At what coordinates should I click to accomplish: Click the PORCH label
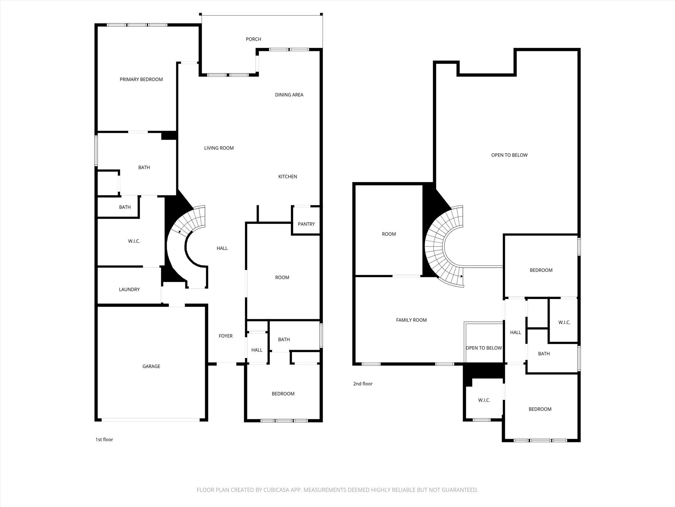[x=253, y=39]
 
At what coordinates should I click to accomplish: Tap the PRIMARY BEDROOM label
[x=141, y=80]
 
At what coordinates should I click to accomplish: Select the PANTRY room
[x=306, y=224]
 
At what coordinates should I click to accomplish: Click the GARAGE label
[x=151, y=366]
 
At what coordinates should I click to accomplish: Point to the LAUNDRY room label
[x=129, y=289]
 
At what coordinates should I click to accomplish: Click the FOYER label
[x=225, y=336]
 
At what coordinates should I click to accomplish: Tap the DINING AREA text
[x=289, y=95]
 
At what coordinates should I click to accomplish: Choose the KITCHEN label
[x=287, y=177]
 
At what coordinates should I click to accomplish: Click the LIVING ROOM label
[x=219, y=148]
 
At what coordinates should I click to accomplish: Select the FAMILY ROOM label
[x=411, y=320]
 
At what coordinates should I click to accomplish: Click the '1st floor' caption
[x=104, y=440]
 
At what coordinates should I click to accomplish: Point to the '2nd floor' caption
[x=363, y=384]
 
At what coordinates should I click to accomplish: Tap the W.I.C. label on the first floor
[x=134, y=241]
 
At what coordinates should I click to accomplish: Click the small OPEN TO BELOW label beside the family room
[x=484, y=348]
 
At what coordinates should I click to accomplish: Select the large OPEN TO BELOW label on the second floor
[x=509, y=155]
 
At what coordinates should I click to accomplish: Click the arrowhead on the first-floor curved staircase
[x=180, y=232]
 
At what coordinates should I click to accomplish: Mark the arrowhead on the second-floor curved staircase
[x=462, y=276]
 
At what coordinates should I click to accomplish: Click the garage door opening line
[x=151, y=420]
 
